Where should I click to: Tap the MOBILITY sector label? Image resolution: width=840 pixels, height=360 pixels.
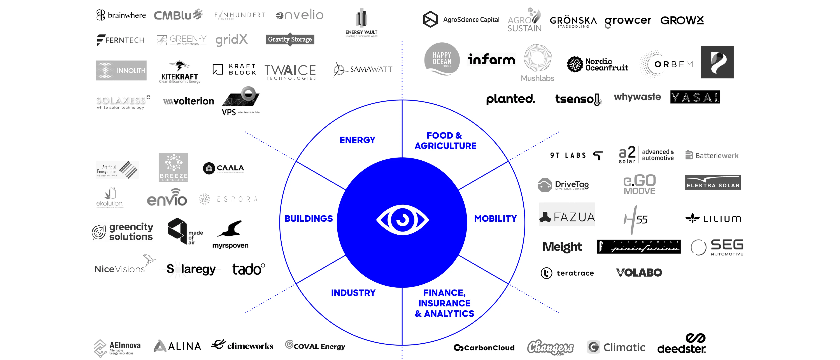tap(495, 218)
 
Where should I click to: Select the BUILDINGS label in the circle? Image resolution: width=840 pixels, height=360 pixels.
tap(309, 218)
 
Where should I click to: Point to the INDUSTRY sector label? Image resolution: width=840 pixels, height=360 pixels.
tap(353, 293)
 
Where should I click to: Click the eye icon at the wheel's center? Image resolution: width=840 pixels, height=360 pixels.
tap(402, 220)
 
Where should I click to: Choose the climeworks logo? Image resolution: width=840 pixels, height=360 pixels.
tap(242, 345)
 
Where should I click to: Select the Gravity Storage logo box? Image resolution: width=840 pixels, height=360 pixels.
tap(290, 39)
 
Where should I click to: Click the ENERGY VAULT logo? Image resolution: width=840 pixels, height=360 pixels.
tap(361, 23)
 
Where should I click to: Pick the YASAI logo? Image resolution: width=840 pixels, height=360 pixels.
tap(695, 97)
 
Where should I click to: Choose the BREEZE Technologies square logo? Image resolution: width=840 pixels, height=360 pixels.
tap(174, 167)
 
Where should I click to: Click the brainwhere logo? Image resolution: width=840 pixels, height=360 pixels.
tap(121, 15)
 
